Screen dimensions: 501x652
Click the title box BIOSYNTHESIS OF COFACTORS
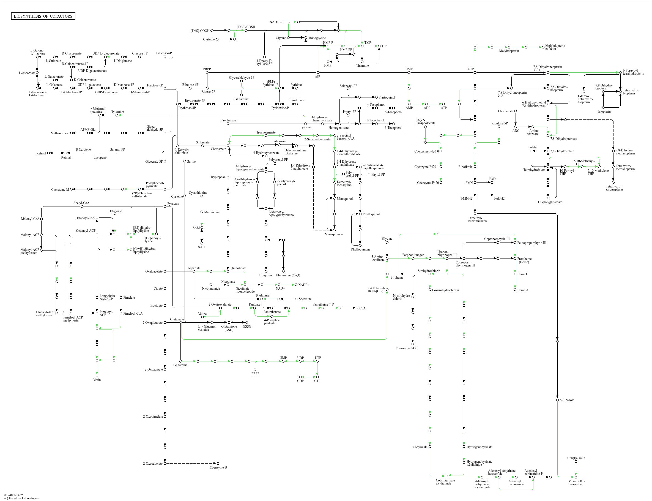43,16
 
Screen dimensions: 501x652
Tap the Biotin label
97,380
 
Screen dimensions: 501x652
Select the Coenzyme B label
218,467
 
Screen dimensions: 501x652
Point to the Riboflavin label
465,167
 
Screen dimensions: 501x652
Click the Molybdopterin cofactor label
555,47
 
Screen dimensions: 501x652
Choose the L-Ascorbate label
27,73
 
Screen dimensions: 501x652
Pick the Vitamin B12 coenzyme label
577,483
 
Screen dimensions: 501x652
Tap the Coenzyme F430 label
406,348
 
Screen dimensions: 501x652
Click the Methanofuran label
60,133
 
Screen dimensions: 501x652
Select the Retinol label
41,153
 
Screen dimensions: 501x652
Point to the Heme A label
523,290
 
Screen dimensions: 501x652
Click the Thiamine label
362,66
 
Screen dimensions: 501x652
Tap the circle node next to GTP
475,72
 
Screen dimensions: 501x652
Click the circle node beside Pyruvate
165,206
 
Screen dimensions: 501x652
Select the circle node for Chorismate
228,146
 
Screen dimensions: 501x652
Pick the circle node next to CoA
357,308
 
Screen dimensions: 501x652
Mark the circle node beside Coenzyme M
72,189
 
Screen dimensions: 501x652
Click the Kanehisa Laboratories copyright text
21,498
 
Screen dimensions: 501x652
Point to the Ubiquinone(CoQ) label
287,275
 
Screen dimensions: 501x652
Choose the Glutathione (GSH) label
229,328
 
